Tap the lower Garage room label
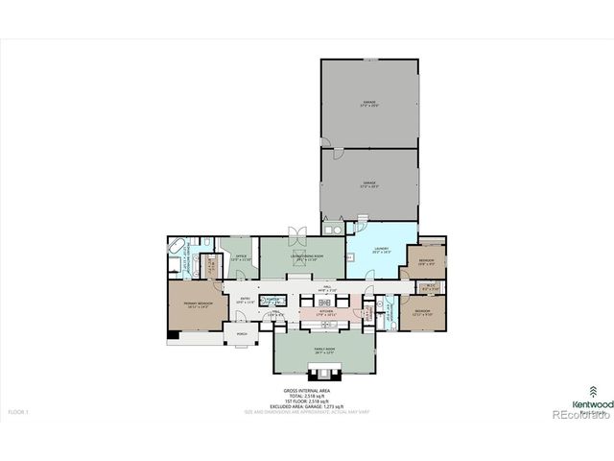pyautogui.click(x=368, y=184)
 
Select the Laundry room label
pyautogui.click(x=368, y=253)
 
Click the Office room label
pyautogui.click(x=242, y=257)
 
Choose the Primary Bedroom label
pyautogui.click(x=199, y=304)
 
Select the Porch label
pyautogui.click(x=242, y=336)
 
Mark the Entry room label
pyautogui.click(x=245, y=300)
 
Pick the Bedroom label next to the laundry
pyautogui.click(x=426, y=261)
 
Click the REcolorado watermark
pyautogui.click(x=581, y=417)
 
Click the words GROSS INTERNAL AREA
pyautogui.click(x=307, y=391)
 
